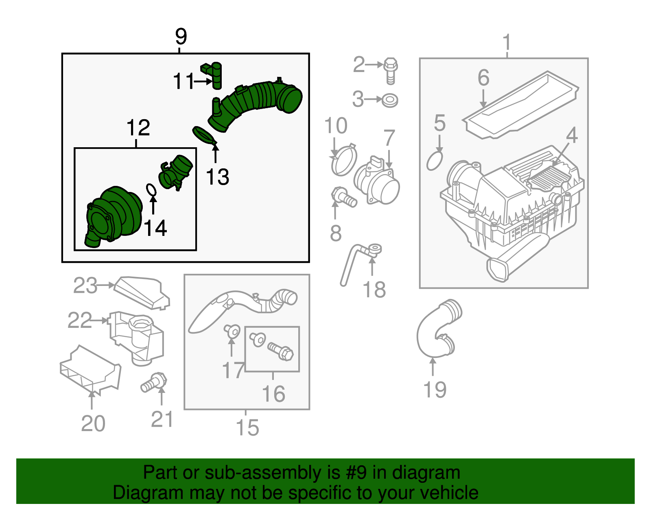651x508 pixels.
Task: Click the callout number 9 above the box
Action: [x=181, y=37]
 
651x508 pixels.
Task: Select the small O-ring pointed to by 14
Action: [x=151, y=189]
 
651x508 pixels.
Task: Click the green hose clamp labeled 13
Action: [x=204, y=136]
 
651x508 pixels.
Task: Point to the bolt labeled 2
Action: [x=390, y=70]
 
